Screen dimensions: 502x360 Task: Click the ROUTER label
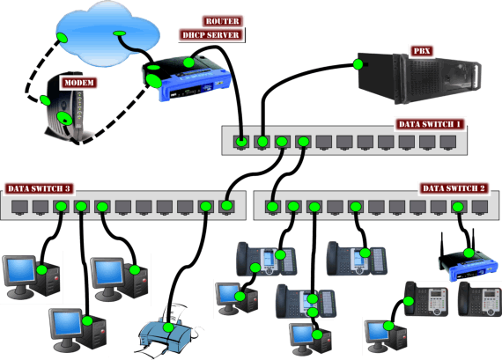[223, 21]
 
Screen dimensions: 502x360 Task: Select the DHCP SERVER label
[211, 35]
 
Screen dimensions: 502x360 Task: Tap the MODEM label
[78, 83]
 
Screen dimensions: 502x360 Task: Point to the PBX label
[422, 51]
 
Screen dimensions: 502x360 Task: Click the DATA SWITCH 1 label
[430, 124]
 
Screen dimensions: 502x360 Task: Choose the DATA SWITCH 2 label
[454, 188]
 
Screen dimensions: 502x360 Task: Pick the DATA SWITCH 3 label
[39, 188]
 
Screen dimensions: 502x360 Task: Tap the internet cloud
[107, 33]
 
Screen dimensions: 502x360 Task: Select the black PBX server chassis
[418, 77]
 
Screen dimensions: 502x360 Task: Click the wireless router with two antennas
[468, 259]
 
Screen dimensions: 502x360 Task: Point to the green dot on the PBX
[358, 64]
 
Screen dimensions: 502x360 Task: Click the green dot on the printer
[168, 327]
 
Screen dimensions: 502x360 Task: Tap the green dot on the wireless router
[469, 253]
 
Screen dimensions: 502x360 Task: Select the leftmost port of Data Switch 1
[241, 142]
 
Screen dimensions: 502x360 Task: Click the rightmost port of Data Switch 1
[448, 142]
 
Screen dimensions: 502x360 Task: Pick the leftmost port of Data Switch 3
[20, 207]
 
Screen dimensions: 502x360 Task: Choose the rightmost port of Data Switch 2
[480, 207]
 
